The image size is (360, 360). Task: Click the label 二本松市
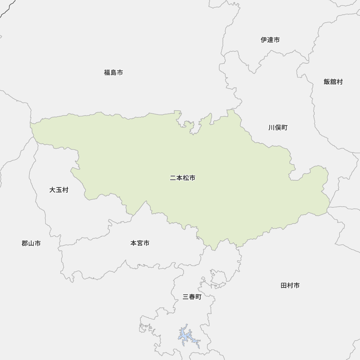pyautogui.click(x=183, y=178)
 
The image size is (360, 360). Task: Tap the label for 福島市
pyautogui.click(x=113, y=73)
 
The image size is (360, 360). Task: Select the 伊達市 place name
pyautogui.click(x=270, y=40)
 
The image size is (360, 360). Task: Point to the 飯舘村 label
pyautogui.click(x=333, y=82)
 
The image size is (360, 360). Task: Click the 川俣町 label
pyautogui.click(x=278, y=128)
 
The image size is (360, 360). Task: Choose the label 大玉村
pyautogui.click(x=59, y=190)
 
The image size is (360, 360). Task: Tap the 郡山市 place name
pyautogui.click(x=31, y=244)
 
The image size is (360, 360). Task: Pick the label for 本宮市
pyautogui.click(x=140, y=243)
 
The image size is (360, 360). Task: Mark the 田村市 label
pyautogui.click(x=290, y=286)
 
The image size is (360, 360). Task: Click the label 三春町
pyautogui.click(x=192, y=297)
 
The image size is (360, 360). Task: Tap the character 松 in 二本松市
pyautogui.click(x=186, y=178)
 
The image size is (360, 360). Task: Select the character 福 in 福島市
pyautogui.click(x=107, y=73)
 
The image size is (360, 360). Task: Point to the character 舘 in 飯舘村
pyautogui.click(x=333, y=82)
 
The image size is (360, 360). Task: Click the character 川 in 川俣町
pyautogui.click(x=271, y=128)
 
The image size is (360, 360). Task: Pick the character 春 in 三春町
pyautogui.click(x=192, y=297)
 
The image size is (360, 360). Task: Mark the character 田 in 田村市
pyautogui.click(x=284, y=286)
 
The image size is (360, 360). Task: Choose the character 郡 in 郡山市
pyautogui.click(x=24, y=244)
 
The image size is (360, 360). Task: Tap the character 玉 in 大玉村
pyautogui.click(x=59, y=190)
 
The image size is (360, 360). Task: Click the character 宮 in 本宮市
pyautogui.click(x=140, y=243)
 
